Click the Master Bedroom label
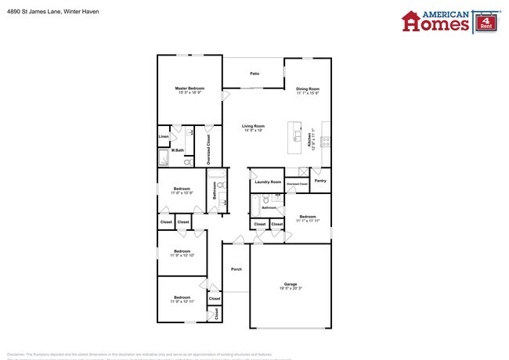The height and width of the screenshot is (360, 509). click(x=190, y=88)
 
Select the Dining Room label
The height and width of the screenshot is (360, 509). click(x=307, y=88)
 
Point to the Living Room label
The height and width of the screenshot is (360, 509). click(x=253, y=126)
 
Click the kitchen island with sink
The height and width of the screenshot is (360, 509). click(x=295, y=137)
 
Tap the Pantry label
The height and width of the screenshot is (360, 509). click(x=319, y=181)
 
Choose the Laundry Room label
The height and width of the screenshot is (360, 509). click(x=268, y=182)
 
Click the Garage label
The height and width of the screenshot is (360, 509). click(x=289, y=284)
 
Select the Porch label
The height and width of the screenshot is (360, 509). click(x=236, y=269)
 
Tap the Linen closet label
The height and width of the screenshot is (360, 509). click(x=164, y=137)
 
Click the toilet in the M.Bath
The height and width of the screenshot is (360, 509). click(x=189, y=161)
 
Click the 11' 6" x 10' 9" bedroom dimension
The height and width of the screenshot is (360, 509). click(x=182, y=193)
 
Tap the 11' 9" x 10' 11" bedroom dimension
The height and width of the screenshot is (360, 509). click(x=182, y=301)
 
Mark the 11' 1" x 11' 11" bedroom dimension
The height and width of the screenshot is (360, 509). click(x=308, y=221)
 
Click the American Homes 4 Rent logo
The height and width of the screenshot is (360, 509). click(x=446, y=21)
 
